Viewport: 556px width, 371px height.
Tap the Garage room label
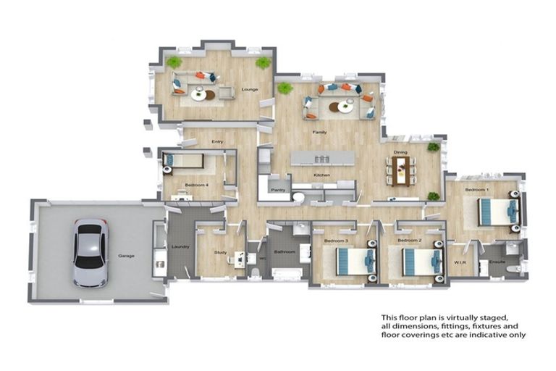(x=127, y=256)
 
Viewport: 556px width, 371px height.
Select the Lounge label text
(x=249, y=90)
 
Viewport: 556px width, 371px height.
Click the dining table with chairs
(x=400, y=171)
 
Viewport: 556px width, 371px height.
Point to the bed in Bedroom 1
(x=499, y=211)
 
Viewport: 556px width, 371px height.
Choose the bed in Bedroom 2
(x=419, y=260)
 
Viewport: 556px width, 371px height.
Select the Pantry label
(x=277, y=190)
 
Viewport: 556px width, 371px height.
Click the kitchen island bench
(x=322, y=159)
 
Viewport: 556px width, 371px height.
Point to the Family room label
(x=319, y=133)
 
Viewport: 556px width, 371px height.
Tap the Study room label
(x=221, y=252)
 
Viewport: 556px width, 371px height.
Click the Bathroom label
(x=285, y=252)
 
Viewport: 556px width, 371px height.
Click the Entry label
(x=216, y=141)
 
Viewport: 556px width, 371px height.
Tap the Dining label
(x=400, y=152)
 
